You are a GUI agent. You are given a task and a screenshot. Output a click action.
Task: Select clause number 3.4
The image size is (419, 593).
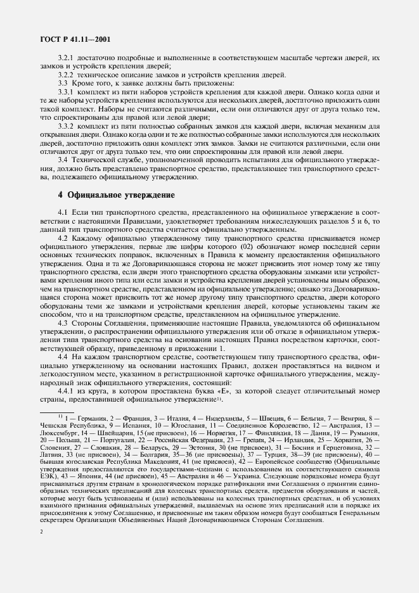tap(62, 161)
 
